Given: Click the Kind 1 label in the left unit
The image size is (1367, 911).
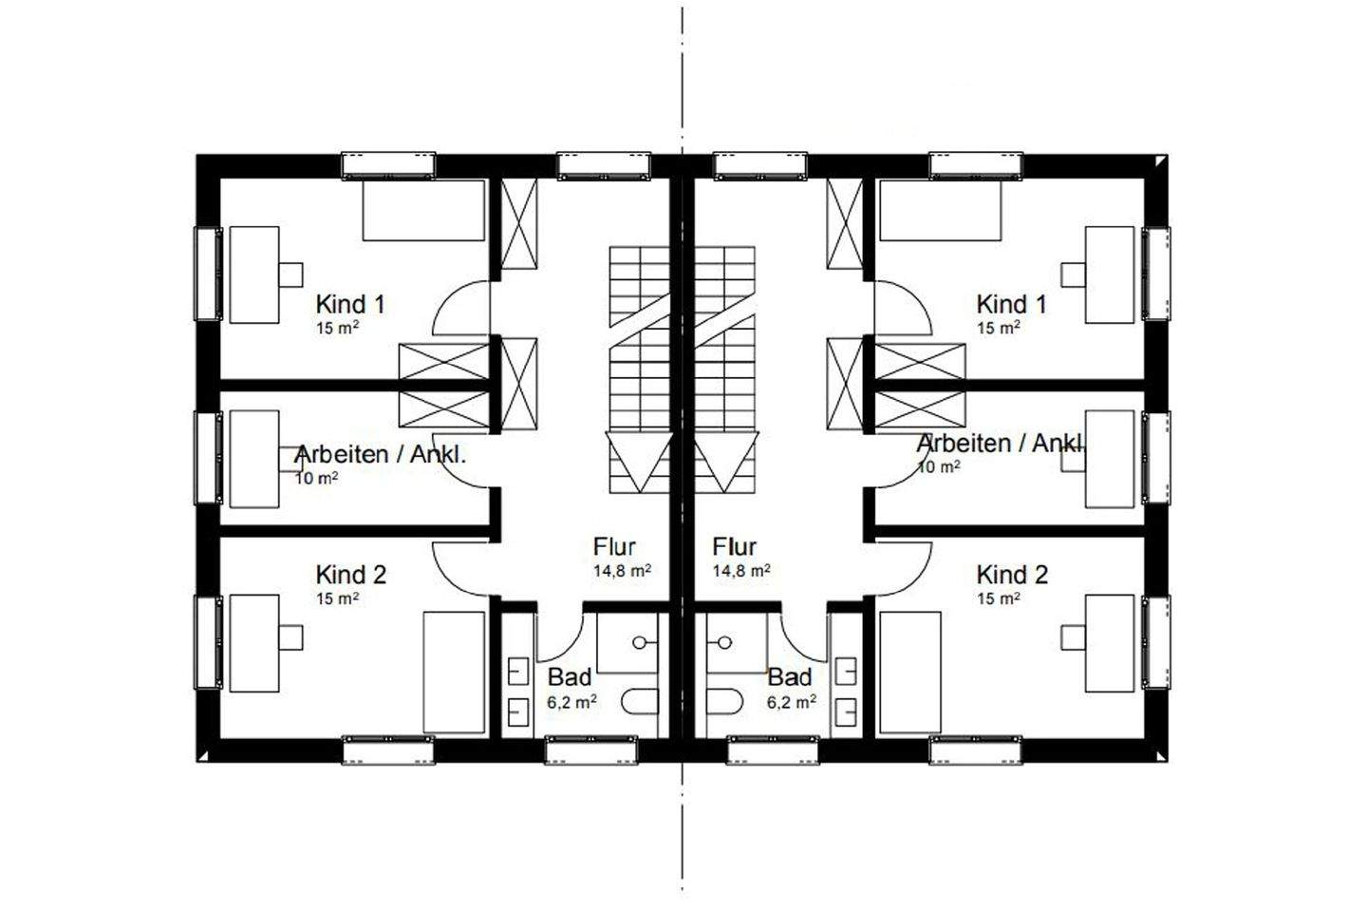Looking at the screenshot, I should [350, 304].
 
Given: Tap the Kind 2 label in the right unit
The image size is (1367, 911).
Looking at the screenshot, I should [1012, 575].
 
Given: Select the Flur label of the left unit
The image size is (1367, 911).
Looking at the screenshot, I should [614, 547].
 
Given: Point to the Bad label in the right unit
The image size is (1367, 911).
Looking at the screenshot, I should [790, 677].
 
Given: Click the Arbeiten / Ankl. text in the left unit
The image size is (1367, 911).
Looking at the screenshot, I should [381, 454].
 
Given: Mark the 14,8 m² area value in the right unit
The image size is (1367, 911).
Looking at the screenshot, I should [741, 571].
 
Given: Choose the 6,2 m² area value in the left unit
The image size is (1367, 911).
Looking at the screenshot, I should [571, 703].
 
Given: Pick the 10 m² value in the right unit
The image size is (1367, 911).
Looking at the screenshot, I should [938, 467].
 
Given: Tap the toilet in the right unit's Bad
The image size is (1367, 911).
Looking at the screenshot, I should [724, 703].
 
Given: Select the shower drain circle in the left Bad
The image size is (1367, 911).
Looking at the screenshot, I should [643, 642].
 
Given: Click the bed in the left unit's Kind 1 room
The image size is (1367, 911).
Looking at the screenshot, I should [423, 210].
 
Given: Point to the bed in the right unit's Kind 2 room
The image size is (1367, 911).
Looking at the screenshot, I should [910, 673].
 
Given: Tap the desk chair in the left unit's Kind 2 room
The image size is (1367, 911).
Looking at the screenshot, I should [290, 636].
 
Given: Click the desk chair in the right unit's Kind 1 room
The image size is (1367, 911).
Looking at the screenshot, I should [1074, 274].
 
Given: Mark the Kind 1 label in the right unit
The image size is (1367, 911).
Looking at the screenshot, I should [1012, 304].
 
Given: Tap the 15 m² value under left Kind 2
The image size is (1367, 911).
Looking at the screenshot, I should [337, 598].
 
